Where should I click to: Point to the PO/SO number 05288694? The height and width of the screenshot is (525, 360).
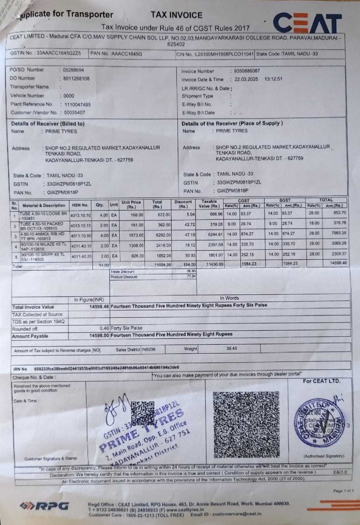(x=73, y=70)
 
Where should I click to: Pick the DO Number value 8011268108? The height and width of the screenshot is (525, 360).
(x=76, y=79)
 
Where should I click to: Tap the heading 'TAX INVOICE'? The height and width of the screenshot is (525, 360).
(x=176, y=15)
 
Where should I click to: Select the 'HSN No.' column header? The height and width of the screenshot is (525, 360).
(x=80, y=205)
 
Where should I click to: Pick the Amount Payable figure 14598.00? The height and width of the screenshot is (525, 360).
(x=99, y=335)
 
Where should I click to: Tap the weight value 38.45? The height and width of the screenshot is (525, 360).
(x=231, y=348)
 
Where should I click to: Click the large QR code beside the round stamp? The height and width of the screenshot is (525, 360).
(x=246, y=424)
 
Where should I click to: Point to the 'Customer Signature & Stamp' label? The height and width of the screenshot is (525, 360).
(x=51, y=459)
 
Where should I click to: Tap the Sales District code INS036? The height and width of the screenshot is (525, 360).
(x=148, y=349)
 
